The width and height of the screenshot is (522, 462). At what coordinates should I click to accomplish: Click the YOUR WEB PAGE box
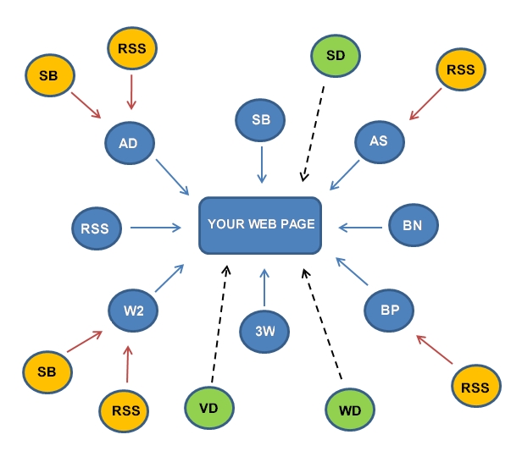pyautogui.click(x=261, y=225)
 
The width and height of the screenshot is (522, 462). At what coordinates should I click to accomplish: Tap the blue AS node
pyautogui.click(x=379, y=141)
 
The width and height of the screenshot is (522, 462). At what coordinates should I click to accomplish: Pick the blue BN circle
pyautogui.click(x=413, y=226)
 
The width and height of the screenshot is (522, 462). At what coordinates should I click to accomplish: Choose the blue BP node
pyautogui.click(x=389, y=311)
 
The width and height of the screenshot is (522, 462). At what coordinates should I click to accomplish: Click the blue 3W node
pyautogui.click(x=264, y=331)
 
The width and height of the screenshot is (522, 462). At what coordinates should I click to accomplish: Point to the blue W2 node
pyautogui.click(x=134, y=311)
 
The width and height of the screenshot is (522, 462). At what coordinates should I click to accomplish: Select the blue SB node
pyautogui.click(x=261, y=120)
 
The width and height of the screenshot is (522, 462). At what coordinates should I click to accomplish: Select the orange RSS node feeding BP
pyautogui.click(x=475, y=388)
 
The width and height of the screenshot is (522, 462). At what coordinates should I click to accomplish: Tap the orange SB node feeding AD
pyautogui.click(x=49, y=75)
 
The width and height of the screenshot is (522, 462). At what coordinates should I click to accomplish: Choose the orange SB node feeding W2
pyautogui.click(x=47, y=371)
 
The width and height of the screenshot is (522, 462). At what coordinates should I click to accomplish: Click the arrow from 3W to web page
pyautogui.click(x=264, y=288)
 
